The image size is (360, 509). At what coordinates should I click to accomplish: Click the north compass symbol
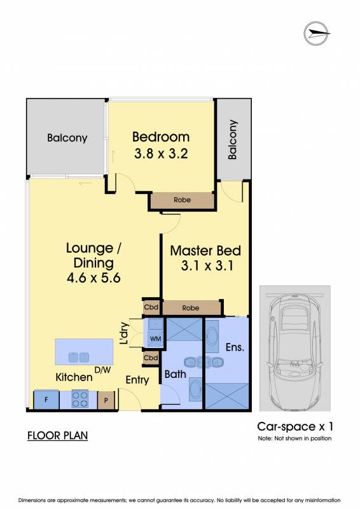317,33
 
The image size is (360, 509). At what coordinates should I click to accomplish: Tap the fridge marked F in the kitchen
46,400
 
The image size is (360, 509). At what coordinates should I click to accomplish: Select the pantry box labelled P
106,400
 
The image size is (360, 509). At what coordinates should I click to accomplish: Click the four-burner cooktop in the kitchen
80,400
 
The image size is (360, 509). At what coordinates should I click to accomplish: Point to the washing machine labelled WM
156,339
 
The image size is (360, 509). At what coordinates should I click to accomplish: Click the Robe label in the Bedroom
182,200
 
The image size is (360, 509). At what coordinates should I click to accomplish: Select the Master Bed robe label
191,308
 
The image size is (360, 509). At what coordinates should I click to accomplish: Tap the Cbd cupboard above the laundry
151,307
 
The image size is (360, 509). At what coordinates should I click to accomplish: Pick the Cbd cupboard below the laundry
151,358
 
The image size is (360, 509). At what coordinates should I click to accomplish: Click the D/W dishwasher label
102,370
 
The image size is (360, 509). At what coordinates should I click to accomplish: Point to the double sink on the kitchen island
79,357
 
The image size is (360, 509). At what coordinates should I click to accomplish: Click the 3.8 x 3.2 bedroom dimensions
161,153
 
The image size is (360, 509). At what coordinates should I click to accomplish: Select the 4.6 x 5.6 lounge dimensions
93,278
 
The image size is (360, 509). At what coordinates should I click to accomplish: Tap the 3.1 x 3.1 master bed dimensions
207,266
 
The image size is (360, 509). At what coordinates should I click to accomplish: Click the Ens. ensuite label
235,347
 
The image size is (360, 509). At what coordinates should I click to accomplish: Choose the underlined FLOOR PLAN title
58,436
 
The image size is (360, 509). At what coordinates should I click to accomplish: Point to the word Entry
137,380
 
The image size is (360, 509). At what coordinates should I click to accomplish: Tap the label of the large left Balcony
67,138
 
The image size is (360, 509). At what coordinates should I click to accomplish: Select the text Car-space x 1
295,426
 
